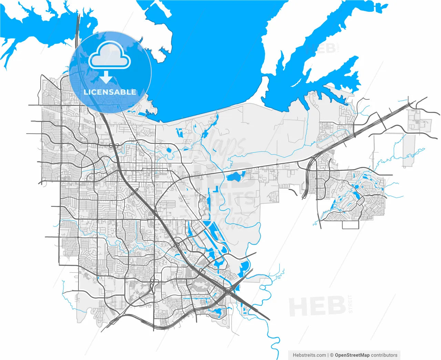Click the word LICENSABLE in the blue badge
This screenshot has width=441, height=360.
tap(110, 92)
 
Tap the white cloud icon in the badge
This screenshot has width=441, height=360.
tap(110, 56)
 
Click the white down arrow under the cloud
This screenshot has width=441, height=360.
tap(106, 77)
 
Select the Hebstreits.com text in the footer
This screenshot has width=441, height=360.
tap(309, 355)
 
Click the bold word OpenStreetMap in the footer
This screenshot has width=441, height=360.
tap(352, 355)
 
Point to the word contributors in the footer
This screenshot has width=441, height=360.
tap(384, 355)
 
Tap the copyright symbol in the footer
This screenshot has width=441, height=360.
tap(331, 355)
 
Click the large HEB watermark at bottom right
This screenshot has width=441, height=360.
tap(317, 306)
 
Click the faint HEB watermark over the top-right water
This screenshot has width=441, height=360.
tap(320, 48)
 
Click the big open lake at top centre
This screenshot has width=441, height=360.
tap(214, 62)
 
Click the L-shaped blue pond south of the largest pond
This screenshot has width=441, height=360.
tap(216, 189)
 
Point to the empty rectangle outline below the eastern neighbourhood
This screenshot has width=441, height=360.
tap(351, 224)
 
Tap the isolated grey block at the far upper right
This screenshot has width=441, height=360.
tap(419, 120)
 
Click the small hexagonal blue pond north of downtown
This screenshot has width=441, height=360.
tap(169, 150)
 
